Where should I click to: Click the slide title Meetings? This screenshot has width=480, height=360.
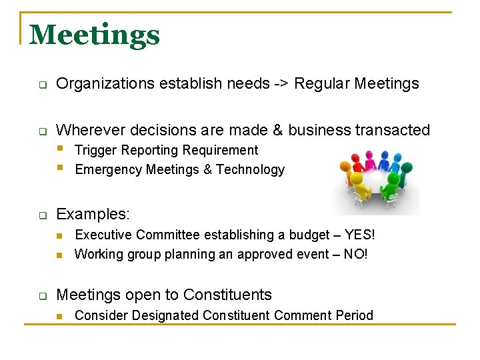(95, 35)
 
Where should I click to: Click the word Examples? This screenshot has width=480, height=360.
(93, 215)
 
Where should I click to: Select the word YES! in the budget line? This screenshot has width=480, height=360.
(360, 235)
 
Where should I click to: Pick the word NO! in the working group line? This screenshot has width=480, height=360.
(356, 254)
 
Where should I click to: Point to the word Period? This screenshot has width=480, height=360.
(355, 315)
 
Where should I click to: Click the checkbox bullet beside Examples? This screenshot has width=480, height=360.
(41, 216)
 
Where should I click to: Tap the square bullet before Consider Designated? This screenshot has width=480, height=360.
(59, 316)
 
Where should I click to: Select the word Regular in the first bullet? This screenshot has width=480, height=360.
(323, 84)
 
